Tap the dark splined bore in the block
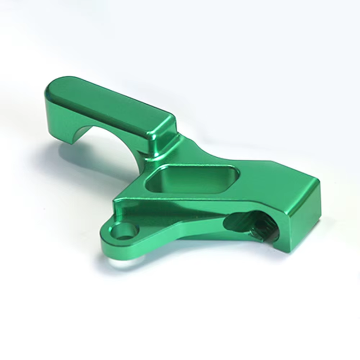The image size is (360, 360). pyautogui.click(x=252, y=225)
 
